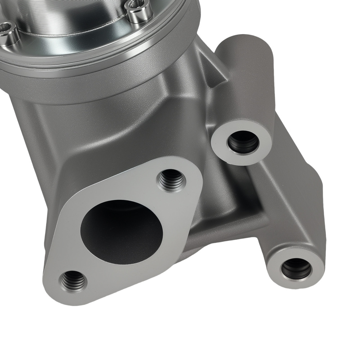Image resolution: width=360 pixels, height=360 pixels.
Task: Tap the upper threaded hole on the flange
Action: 171,180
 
